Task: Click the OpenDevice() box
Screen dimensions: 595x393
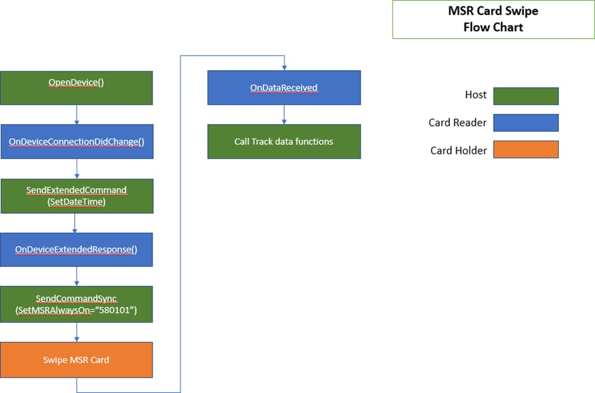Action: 76,88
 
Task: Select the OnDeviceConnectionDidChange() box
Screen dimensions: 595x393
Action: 77,142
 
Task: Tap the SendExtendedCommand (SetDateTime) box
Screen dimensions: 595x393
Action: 77,196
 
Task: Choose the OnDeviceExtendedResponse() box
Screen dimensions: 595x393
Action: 76,249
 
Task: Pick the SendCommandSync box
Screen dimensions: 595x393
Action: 76,304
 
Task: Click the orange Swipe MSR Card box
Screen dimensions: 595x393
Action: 76,359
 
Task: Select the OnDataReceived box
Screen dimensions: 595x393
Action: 284,87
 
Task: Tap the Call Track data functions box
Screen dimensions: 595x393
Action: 284,142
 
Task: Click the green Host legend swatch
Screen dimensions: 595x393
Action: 526,96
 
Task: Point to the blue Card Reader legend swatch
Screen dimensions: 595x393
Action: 526,123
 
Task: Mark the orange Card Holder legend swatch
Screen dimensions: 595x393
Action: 526,149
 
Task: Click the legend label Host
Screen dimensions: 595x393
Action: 475,95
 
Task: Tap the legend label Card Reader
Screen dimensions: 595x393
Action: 457,123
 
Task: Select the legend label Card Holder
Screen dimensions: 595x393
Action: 458,151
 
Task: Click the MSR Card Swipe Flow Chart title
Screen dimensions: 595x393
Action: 493,19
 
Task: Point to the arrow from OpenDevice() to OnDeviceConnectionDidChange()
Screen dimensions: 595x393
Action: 77,115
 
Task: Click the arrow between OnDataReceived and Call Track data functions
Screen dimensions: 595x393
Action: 284,115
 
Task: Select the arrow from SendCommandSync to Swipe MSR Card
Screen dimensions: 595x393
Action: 77,332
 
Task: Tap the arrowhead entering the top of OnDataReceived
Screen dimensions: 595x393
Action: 284,68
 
